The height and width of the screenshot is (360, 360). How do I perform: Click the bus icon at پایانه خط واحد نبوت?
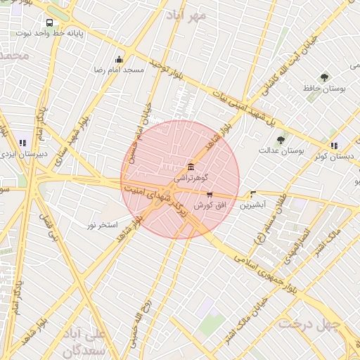[x=49, y=22]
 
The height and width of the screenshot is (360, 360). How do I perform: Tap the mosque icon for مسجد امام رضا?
[x=119, y=60]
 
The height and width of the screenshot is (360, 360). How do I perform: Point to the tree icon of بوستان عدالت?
[x=281, y=139]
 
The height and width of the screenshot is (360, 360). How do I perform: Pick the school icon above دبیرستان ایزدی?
[x=22, y=143]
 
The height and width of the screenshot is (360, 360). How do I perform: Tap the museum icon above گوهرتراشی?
[x=191, y=167]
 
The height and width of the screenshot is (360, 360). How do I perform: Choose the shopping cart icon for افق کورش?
[x=210, y=194]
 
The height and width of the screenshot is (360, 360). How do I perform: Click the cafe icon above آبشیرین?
[x=253, y=195]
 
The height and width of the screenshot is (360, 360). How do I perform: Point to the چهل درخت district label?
[x=309, y=324]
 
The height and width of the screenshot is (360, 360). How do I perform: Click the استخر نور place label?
[x=101, y=224]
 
